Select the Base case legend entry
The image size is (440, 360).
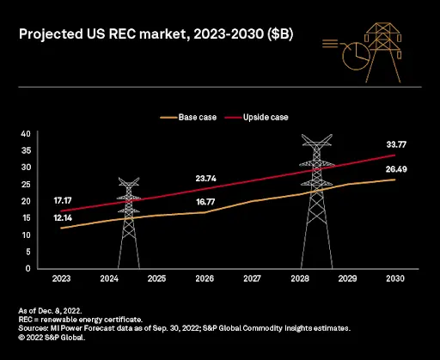(x=188, y=117)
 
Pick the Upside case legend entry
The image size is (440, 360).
(x=256, y=117)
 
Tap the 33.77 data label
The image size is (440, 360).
(x=396, y=144)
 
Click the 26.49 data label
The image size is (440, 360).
(x=396, y=169)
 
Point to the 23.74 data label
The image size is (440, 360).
(x=205, y=179)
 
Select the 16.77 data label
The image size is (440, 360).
(x=205, y=202)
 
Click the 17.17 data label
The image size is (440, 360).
(x=63, y=200)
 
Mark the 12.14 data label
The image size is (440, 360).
(x=63, y=218)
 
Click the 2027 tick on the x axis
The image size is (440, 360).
(x=252, y=278)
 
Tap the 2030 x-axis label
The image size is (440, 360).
(x=395, y=278)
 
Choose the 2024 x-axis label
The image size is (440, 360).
(x=109, y=278)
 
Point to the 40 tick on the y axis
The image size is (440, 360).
(x=26, y=134)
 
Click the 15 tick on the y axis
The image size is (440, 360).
(x=26, y=218)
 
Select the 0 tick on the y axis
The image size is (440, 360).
(x=27, y=269)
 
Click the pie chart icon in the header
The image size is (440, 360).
(x=356, y=56)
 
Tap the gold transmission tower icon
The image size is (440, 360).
(x=383, y=52)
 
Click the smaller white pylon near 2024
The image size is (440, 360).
(x=129, y=223)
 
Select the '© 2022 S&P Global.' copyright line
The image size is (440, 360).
(x=52, y=338)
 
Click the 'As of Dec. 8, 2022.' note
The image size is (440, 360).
(x=50, y=311)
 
